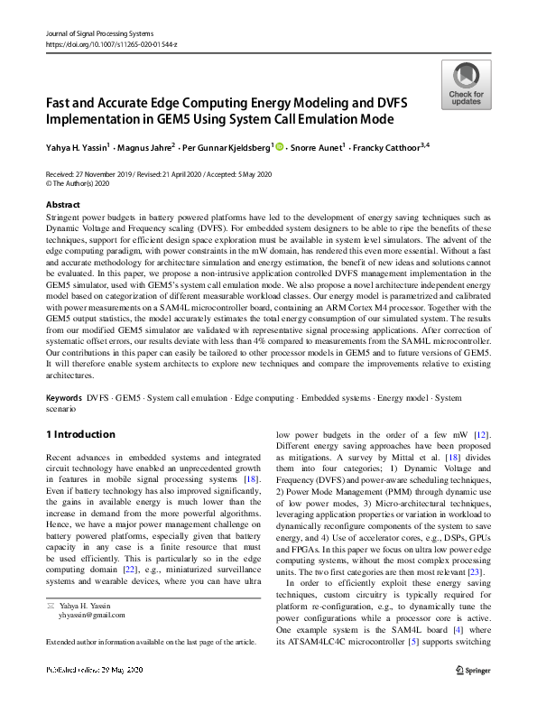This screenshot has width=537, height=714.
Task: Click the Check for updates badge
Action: (466, 85)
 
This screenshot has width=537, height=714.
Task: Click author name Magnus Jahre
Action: (144, 146)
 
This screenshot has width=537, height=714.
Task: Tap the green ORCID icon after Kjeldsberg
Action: (279, 146)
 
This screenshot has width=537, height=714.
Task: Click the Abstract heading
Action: (62, 206)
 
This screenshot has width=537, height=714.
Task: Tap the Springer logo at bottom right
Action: (472, 694)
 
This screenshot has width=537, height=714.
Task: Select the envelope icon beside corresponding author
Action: (52, 638)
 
